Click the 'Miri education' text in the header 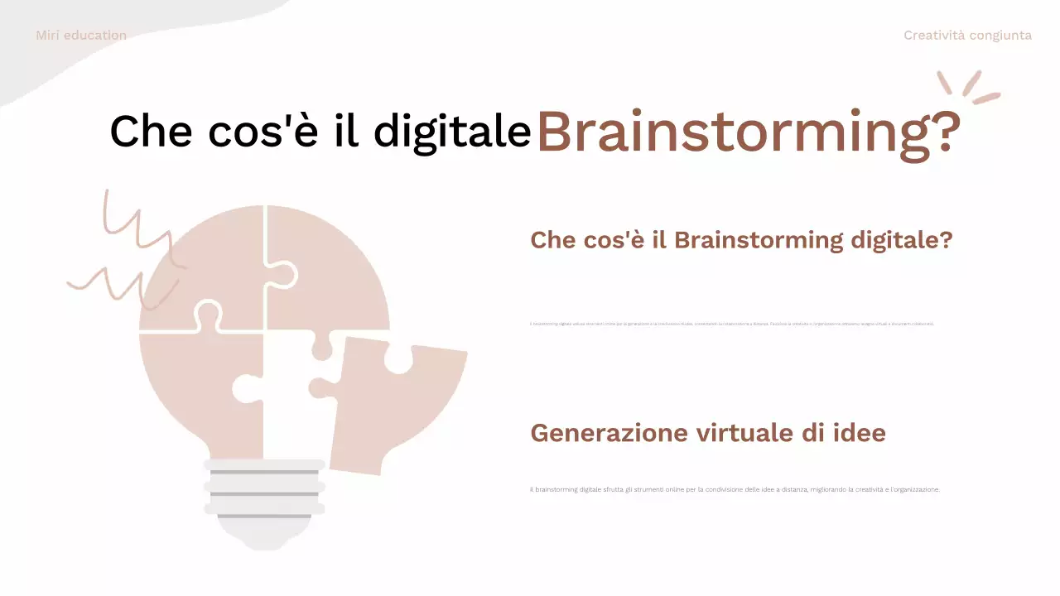click(81, 36)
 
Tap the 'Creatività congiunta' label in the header click(967, 36)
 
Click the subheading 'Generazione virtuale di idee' click(707, 433)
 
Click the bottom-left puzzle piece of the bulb click(199, 389)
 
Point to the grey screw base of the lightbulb click(264, 501)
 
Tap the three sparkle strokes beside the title click(969, 87)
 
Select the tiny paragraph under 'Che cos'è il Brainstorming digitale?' click(731, 324)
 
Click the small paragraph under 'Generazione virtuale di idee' click(735, 489)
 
